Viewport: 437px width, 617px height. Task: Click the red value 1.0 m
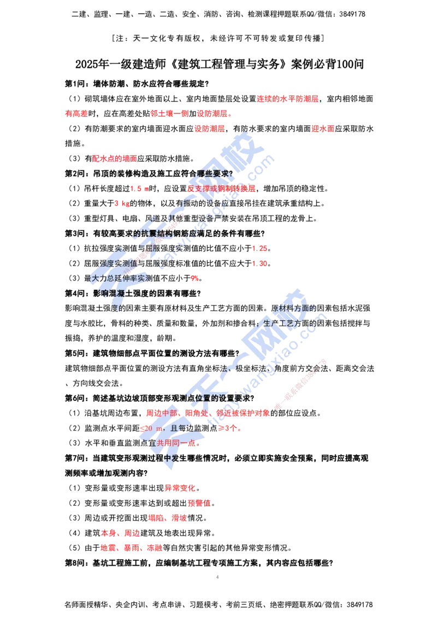click(139, 189)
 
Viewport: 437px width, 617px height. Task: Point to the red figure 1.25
click(259, 249)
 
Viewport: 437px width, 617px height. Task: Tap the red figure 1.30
click(259, 263)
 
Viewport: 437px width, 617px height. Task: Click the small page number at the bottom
click(217, 576)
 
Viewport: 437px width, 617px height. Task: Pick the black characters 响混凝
click(112, 293)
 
